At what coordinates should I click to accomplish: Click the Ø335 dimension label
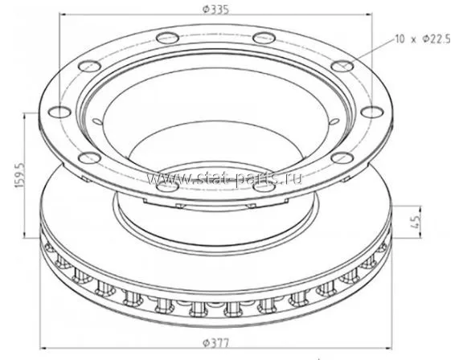coord(216,9)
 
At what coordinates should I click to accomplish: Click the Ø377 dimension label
coord(216,343)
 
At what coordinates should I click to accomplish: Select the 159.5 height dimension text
coord(20,176)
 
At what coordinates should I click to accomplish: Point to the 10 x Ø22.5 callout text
coord(423,39)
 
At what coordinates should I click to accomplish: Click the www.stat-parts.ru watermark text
coord(224,178)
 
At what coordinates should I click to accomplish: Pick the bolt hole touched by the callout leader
coord(342,66)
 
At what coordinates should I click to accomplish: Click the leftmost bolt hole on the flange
coord(59,112)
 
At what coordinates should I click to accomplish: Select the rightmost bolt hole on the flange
coord(371,112)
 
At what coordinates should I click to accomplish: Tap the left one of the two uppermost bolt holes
coord(167,38)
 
